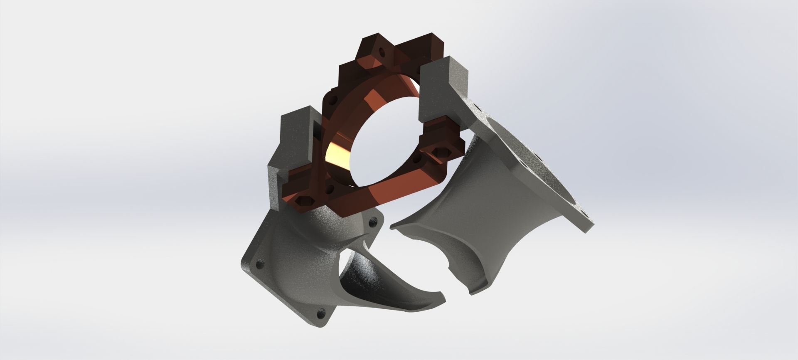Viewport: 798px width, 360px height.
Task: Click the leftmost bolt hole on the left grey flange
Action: coord(261,263)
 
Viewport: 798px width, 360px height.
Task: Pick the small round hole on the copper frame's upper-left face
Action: coord(333,99)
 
